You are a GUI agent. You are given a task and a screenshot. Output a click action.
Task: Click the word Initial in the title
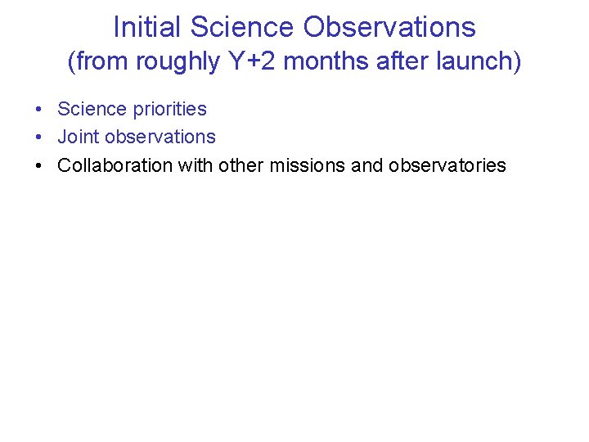147,27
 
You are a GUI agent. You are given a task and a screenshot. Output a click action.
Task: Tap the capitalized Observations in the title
389,27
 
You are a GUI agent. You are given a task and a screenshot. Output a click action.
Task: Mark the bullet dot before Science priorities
39,110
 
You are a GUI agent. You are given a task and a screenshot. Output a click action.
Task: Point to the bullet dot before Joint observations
39,138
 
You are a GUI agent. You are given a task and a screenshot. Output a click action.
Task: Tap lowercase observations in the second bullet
160,137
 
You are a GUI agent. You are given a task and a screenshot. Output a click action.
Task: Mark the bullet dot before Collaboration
39,166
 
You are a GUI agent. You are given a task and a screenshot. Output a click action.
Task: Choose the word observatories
447,165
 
